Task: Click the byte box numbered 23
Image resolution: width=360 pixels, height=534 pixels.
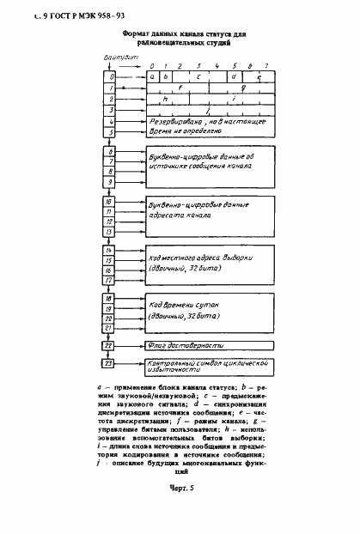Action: [109, 364]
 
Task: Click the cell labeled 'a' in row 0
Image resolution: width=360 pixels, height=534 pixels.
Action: [152, 76]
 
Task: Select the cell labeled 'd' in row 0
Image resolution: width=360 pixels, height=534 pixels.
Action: [234, 76]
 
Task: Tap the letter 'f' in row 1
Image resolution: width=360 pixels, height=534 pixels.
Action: [180, 87]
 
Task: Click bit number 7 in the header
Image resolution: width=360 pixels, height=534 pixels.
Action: [266, 65]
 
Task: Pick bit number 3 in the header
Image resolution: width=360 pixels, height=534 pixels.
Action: [199, 65]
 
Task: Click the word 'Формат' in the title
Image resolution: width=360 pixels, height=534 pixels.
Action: [137, 33]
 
